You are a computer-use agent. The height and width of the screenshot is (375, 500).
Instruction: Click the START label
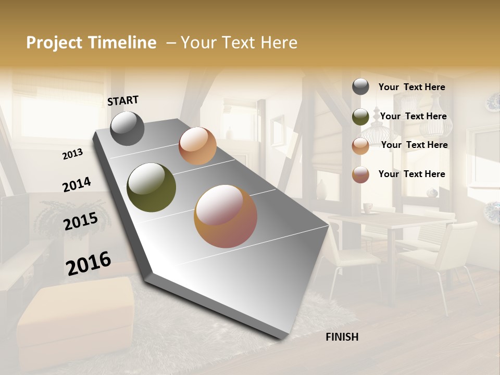(x=123, y=101)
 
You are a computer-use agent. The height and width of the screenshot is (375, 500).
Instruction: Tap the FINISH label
(x=342, y=337)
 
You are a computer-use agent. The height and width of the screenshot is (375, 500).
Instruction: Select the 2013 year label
(x=72, y=154)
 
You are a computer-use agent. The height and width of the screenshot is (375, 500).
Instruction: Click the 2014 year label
(x=77, y=184)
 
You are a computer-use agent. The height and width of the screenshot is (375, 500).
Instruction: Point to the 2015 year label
(x=81, y=222)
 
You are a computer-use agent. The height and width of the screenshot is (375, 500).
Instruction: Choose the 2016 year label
(x=89, y=263)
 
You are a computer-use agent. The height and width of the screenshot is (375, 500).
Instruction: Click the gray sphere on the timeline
(x=127, y=128)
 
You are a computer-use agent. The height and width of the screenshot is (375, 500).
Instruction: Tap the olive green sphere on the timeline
(x=151, y=187)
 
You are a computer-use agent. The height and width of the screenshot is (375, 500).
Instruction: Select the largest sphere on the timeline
(x=226, y=216)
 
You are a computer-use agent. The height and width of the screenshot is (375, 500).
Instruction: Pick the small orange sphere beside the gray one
(x=197, y=146)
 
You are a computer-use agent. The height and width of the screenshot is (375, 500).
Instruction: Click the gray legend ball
(x=360, y=87)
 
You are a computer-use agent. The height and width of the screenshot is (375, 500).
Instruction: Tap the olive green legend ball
(x=360, y=117)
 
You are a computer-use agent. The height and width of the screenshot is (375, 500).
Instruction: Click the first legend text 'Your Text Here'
(x=411, y=87)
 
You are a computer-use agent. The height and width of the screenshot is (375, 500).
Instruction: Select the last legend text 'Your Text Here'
(x=411, y=174)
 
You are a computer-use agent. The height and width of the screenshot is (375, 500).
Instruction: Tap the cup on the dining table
(x=368, y=208)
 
